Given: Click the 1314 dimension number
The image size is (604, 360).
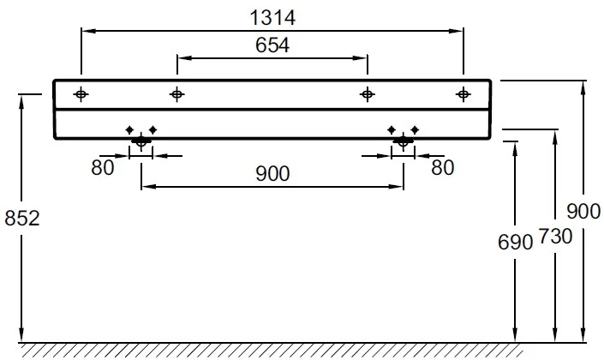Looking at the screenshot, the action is (x=272, y=18).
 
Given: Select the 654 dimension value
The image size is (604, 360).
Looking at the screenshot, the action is (x=272, y=45).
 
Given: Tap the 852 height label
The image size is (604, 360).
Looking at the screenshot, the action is (x=22, y=219).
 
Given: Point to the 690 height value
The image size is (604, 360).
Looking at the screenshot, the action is (x=515, y=243).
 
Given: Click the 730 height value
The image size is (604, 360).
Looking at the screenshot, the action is (x=555, y=237).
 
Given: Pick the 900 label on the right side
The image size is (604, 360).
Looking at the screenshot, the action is (x=583, y=212).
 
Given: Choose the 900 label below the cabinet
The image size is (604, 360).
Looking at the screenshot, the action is (x=272, y=174).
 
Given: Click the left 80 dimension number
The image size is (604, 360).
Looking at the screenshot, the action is (x=103, y=168).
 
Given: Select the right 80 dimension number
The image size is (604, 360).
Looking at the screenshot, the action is (x=443, y=168).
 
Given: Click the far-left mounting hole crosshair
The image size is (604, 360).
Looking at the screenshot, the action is (x=81, y=94).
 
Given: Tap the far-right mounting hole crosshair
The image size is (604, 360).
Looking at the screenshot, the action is (x=463, y=94).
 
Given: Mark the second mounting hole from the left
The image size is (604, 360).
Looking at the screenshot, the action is (x=176, y=94).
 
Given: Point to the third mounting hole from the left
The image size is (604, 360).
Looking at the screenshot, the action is (x=367, y=94).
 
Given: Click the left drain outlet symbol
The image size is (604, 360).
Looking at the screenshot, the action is (x=141, y=141).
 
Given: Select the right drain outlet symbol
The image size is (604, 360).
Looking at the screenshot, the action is (x=403, y=141).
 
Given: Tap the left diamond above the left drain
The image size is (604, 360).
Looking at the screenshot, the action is (x=129, y=130).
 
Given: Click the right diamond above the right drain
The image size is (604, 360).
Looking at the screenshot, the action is (x=415, y=130).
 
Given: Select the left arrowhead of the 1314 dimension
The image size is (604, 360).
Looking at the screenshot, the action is (x=89, y=31).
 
